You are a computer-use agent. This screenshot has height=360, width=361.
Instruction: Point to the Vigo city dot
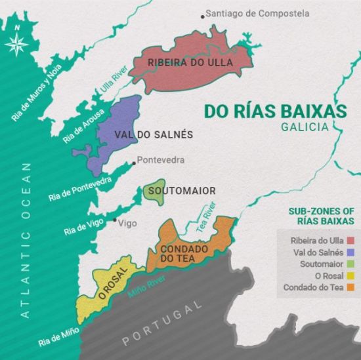114,220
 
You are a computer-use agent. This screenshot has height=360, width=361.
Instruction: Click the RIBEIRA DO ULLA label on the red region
190,63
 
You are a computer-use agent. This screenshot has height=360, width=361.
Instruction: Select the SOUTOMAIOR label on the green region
182,191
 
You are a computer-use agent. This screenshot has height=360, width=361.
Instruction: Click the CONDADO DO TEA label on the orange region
184,254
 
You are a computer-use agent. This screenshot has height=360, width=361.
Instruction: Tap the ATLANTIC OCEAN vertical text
26,241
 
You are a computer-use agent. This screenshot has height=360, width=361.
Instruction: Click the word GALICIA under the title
304,127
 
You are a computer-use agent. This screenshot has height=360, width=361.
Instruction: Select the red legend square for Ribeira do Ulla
350,241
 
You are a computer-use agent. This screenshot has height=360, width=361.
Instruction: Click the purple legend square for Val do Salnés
350,252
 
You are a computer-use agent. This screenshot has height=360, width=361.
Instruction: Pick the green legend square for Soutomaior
350,264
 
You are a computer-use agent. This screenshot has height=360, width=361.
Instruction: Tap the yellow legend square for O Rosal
350,276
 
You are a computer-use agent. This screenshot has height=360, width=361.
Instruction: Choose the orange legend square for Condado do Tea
350,288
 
